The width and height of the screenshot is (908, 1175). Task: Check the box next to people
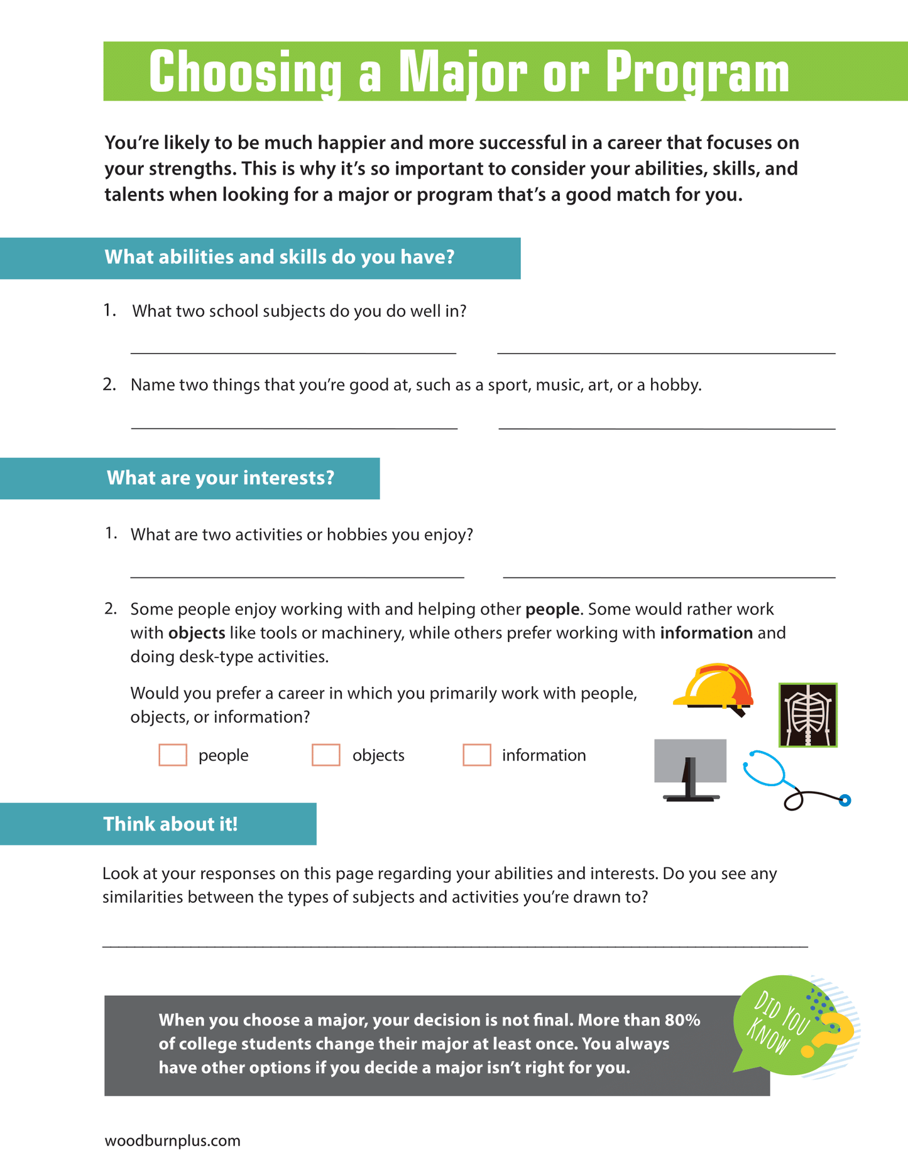click(173, 755)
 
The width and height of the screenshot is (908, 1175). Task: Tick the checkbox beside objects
click(326, 755)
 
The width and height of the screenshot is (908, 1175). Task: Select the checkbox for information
click(477, 755)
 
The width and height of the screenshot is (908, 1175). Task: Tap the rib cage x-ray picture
click(808, 715)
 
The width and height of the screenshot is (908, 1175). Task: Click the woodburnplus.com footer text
click(172, 1140)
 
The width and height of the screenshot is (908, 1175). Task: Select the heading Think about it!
click(170, 824)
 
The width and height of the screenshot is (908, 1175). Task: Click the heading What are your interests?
click(220, 478)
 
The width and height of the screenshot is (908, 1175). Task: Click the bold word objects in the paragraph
click(197, 633)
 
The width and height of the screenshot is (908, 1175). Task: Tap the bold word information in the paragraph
click(706, 633)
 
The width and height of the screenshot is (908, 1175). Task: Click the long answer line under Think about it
click(455, 946)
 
